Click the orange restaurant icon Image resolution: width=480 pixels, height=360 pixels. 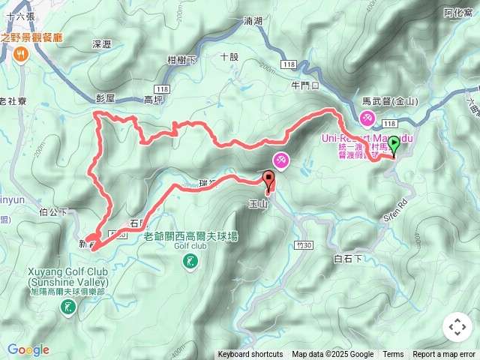19,54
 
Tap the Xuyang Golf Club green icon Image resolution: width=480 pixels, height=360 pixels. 69,306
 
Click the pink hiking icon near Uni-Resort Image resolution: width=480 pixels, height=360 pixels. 367,118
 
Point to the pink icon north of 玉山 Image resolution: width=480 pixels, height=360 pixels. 280,160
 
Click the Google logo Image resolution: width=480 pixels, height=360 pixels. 28,349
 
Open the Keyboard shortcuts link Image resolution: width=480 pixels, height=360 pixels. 250,355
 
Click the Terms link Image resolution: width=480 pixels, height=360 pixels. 393,355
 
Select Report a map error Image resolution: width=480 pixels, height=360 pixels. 444,355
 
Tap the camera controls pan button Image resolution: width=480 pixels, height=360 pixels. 457,327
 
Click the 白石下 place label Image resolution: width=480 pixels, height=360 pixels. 347,258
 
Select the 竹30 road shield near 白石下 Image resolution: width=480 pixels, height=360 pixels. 302,244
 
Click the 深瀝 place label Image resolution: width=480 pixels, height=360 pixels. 101,45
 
